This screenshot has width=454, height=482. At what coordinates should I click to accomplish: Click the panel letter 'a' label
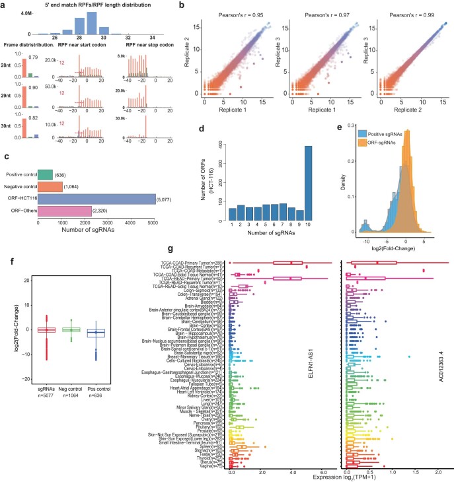3,5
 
